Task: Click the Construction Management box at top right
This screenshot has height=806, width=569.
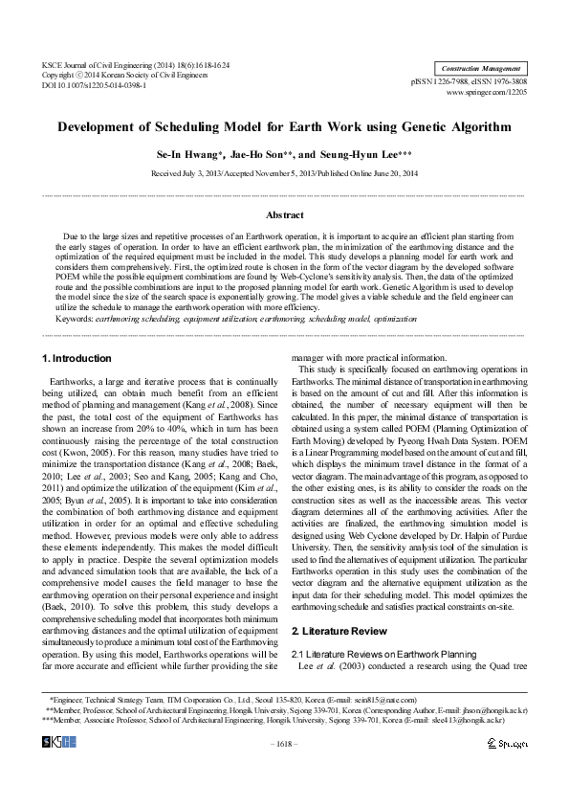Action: click(x=480, y=69)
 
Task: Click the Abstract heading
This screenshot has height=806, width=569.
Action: click(x=284, y=215)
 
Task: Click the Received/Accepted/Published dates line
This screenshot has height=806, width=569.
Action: click(x=284, y=173)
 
